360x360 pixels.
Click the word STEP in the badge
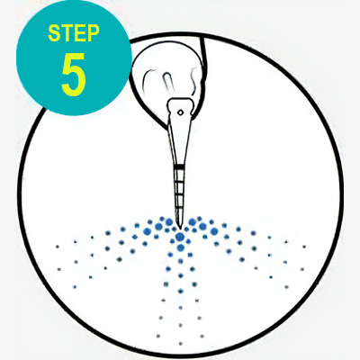click(74, 32)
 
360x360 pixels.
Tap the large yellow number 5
click(74, 75)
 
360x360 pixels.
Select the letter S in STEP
click(54, 33)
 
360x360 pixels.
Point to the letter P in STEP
click(94, 32)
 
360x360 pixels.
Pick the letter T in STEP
click(67, 33)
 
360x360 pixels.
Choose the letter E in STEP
click(80, 33)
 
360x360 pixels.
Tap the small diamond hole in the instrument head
click(180, 112)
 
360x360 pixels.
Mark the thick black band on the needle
click(180, 166)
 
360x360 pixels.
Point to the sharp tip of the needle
click(180, 227)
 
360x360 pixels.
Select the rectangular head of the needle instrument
click(180, 109)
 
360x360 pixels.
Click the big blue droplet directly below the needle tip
click(180, 237)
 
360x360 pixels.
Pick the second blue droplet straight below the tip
click(180, 247)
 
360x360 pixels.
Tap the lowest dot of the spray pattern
click(180, 344)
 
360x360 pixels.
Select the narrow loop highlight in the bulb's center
click(166, 82)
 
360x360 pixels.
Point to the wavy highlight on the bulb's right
click(194, 78)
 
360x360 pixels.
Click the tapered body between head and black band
click(180, 141)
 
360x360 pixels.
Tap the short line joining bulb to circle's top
click(203, 52)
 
